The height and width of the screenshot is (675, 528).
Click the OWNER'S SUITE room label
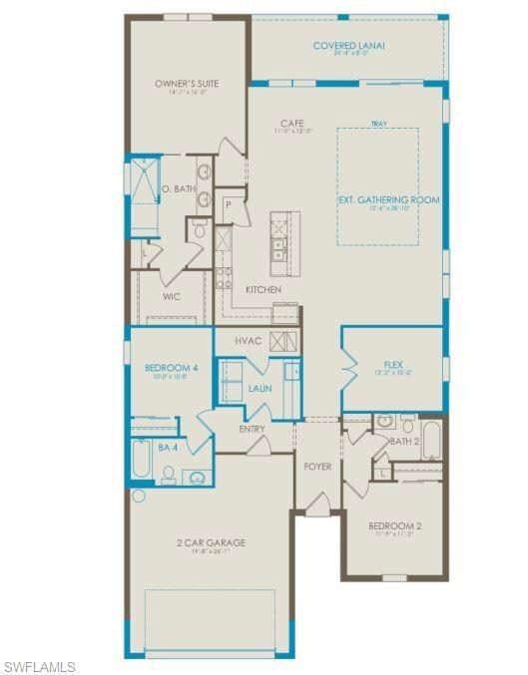pos(187,84)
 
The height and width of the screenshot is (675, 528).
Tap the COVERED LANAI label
pos(348,46)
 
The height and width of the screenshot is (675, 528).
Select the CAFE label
pos(291,124)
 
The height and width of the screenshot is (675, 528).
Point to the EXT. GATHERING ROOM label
pos(388,200)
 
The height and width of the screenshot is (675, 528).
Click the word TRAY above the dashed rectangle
pos(378,125)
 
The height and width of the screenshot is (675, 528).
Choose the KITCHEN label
pos(264,290)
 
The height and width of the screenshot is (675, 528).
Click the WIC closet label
pos(172,296)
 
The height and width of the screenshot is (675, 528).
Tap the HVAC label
pos(249,341)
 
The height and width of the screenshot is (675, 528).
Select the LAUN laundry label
pos(260,389)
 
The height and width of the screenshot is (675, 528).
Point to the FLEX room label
pos(392,365)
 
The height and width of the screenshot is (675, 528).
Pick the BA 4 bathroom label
pos(169,448)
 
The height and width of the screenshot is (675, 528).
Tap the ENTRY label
pos(252,430)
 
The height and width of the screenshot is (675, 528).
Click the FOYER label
pos(317,466)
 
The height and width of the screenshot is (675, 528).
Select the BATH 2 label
pos(405,440)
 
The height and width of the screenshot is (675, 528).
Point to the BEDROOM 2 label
pos(394,525)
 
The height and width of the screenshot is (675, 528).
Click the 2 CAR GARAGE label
pos(211,543)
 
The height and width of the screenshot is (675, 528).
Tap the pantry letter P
pos(229,204)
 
